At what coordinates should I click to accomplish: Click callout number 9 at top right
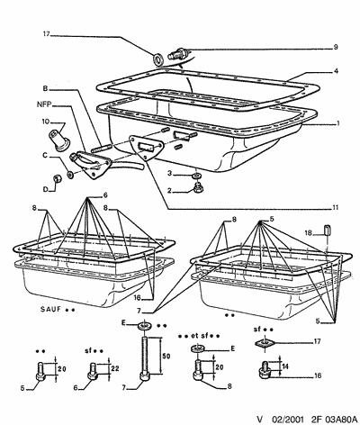pyautogui.click(x=336, y=47)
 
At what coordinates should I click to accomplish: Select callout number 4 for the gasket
pyautogui.click(x=336, y=71)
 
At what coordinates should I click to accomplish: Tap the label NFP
pyautogui.click(x=44, y=104)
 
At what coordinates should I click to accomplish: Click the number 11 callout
pyautogui.click(x=335, y=207)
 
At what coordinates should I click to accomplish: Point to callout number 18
pyautogui.click(x=309, y=232)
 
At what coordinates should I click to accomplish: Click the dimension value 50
pyautogui.click(x=166, y=356)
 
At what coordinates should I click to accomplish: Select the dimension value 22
pyautogui.click(x=115, y=368)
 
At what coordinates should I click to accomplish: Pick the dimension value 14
pyautogui.click(x=285, y=366)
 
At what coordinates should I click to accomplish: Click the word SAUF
pyautogui.click(x=50, y=309)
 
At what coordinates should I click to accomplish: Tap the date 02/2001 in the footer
pyautogui.click(x=287, y=419)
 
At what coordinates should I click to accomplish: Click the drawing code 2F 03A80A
pyautogui.click(x=334, y=419)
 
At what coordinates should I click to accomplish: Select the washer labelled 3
pyautogui.click(x=196, y=175)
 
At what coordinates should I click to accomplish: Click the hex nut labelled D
pyautogui.click(x=57, y=178)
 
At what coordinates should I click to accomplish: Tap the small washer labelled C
pyautogui.click(x=70, y=175)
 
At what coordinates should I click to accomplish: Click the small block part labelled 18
pyautogui.click(x=327, y=231)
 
